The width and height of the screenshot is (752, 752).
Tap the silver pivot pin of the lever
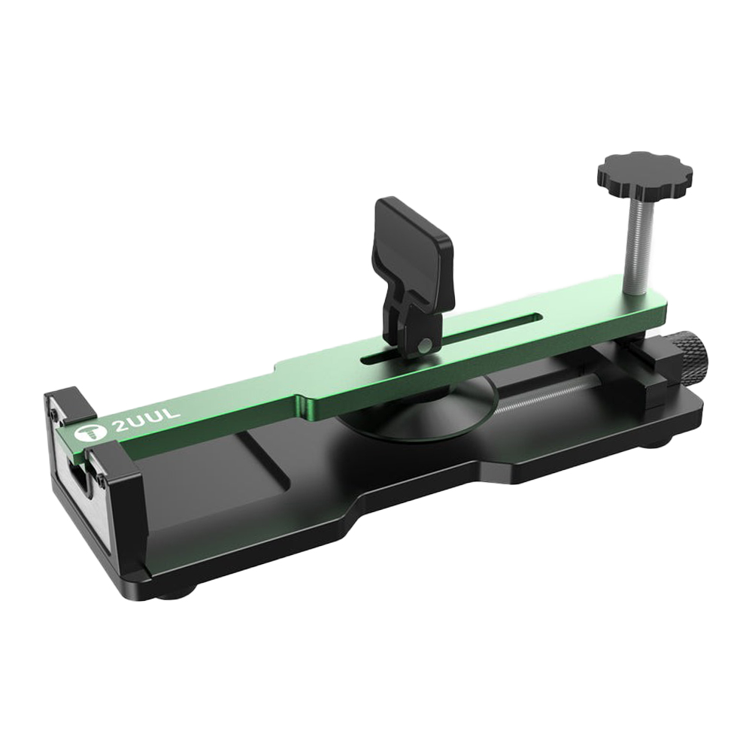(x=422, y=345)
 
